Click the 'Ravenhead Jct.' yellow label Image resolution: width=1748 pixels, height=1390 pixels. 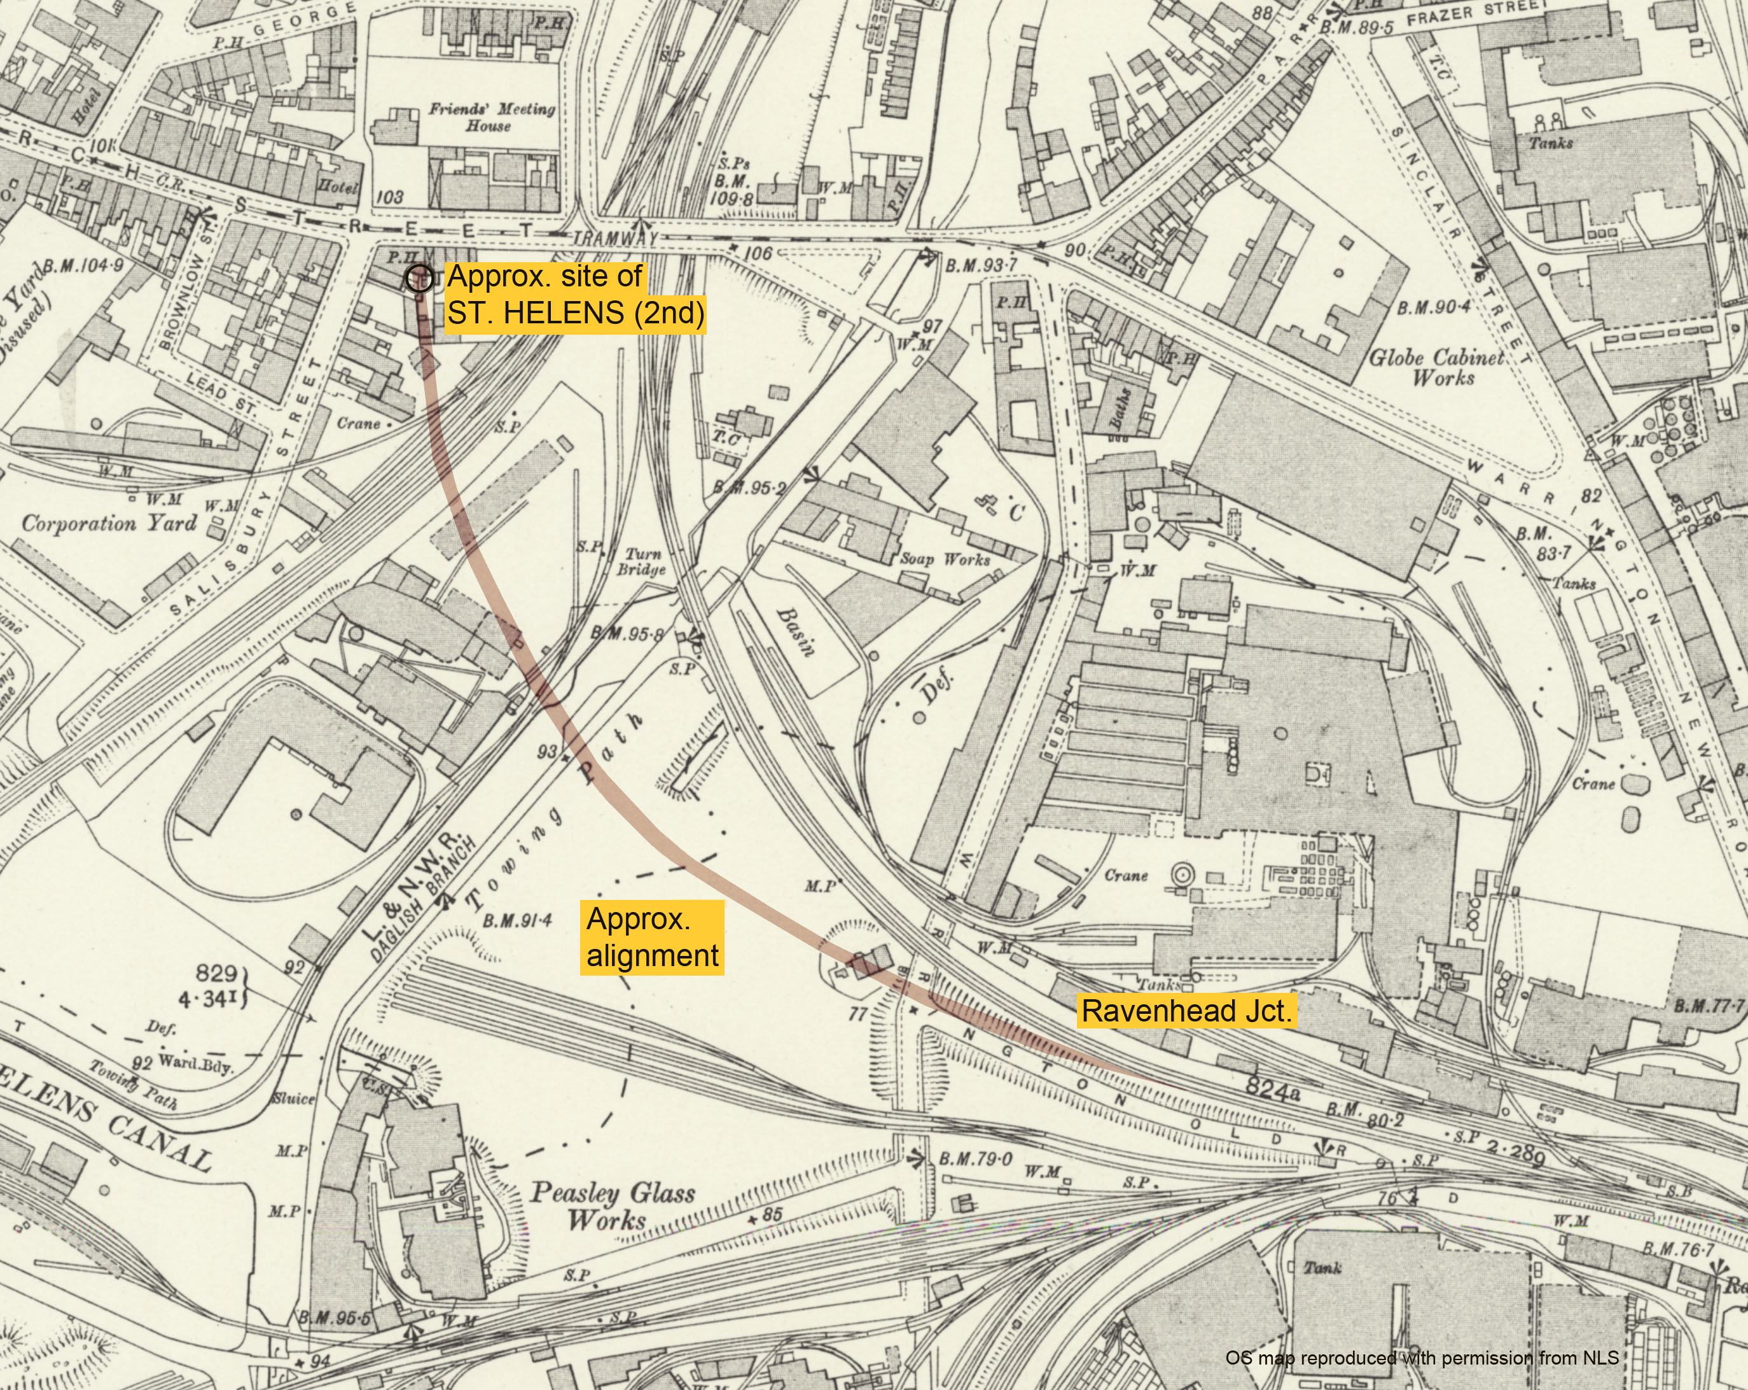1186,1011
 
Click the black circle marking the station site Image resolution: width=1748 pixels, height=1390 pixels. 419,278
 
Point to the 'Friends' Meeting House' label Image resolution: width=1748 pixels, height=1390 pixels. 491,116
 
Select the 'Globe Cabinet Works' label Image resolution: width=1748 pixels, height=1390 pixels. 1437,367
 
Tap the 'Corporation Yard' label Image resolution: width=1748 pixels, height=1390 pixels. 109,523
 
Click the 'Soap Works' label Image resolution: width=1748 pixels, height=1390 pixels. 945,559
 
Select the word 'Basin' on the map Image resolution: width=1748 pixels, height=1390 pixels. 795,632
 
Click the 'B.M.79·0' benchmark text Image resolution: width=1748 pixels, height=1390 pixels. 975,1159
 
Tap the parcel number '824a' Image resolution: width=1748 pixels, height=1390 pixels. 1272,1088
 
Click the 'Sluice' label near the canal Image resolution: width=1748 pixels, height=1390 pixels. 293,1099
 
